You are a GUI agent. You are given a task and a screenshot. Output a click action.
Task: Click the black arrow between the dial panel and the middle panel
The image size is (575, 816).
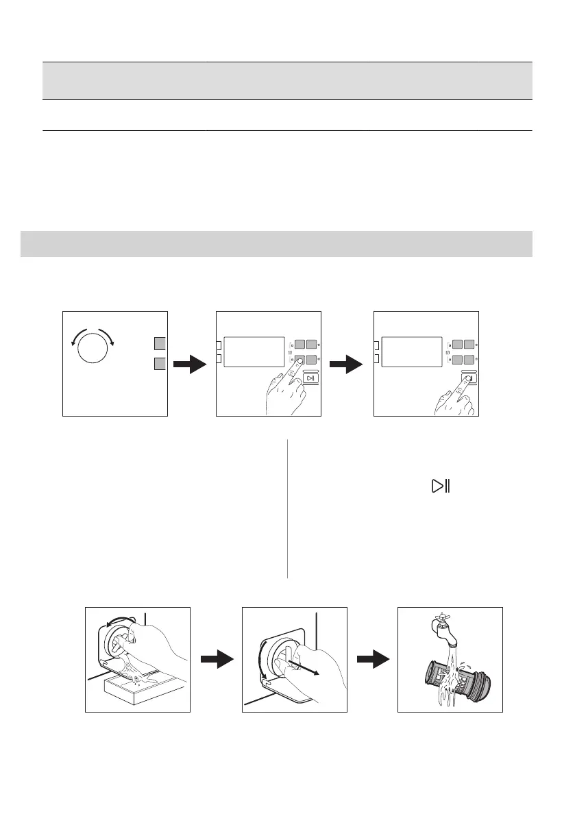tap(190, 364)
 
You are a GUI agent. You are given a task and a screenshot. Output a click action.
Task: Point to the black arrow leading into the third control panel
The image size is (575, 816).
tap(347, 364)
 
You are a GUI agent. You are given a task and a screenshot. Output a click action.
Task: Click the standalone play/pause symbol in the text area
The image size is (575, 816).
tap(439, 487)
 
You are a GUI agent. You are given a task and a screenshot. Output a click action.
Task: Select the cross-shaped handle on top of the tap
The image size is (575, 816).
tap(437, 614)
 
